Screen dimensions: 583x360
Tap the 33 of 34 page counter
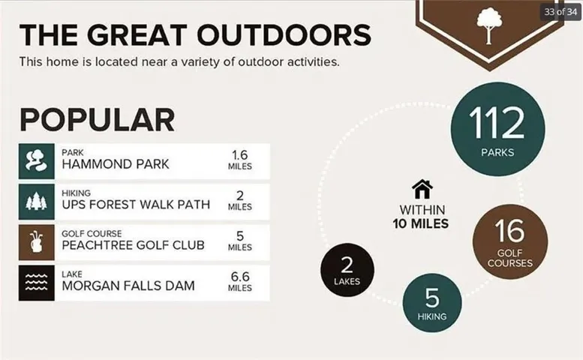[560, 12]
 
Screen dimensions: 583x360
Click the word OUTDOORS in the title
[284, 35]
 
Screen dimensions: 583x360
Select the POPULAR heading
[97, 120]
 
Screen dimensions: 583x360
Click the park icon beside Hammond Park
[37, 161]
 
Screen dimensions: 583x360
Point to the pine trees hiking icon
[37, 202]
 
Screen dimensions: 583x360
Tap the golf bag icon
[37, 242]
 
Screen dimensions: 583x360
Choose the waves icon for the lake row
[37, 283]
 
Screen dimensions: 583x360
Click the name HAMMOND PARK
[116, 164]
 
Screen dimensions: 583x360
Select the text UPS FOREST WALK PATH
[136, 205]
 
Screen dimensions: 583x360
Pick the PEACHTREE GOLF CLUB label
[133, 245]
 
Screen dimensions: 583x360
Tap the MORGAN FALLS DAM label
[128, 286]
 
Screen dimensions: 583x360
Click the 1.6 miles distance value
[240, 160]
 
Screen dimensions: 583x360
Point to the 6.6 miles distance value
[240, 282]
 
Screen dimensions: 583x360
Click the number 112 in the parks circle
[497, 123]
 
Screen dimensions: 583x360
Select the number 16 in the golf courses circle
[509, 230]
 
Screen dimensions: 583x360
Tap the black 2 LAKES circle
[347, 270]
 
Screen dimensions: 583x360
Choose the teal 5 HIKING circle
[432, 303]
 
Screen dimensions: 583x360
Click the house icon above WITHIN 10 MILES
[422, 189]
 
